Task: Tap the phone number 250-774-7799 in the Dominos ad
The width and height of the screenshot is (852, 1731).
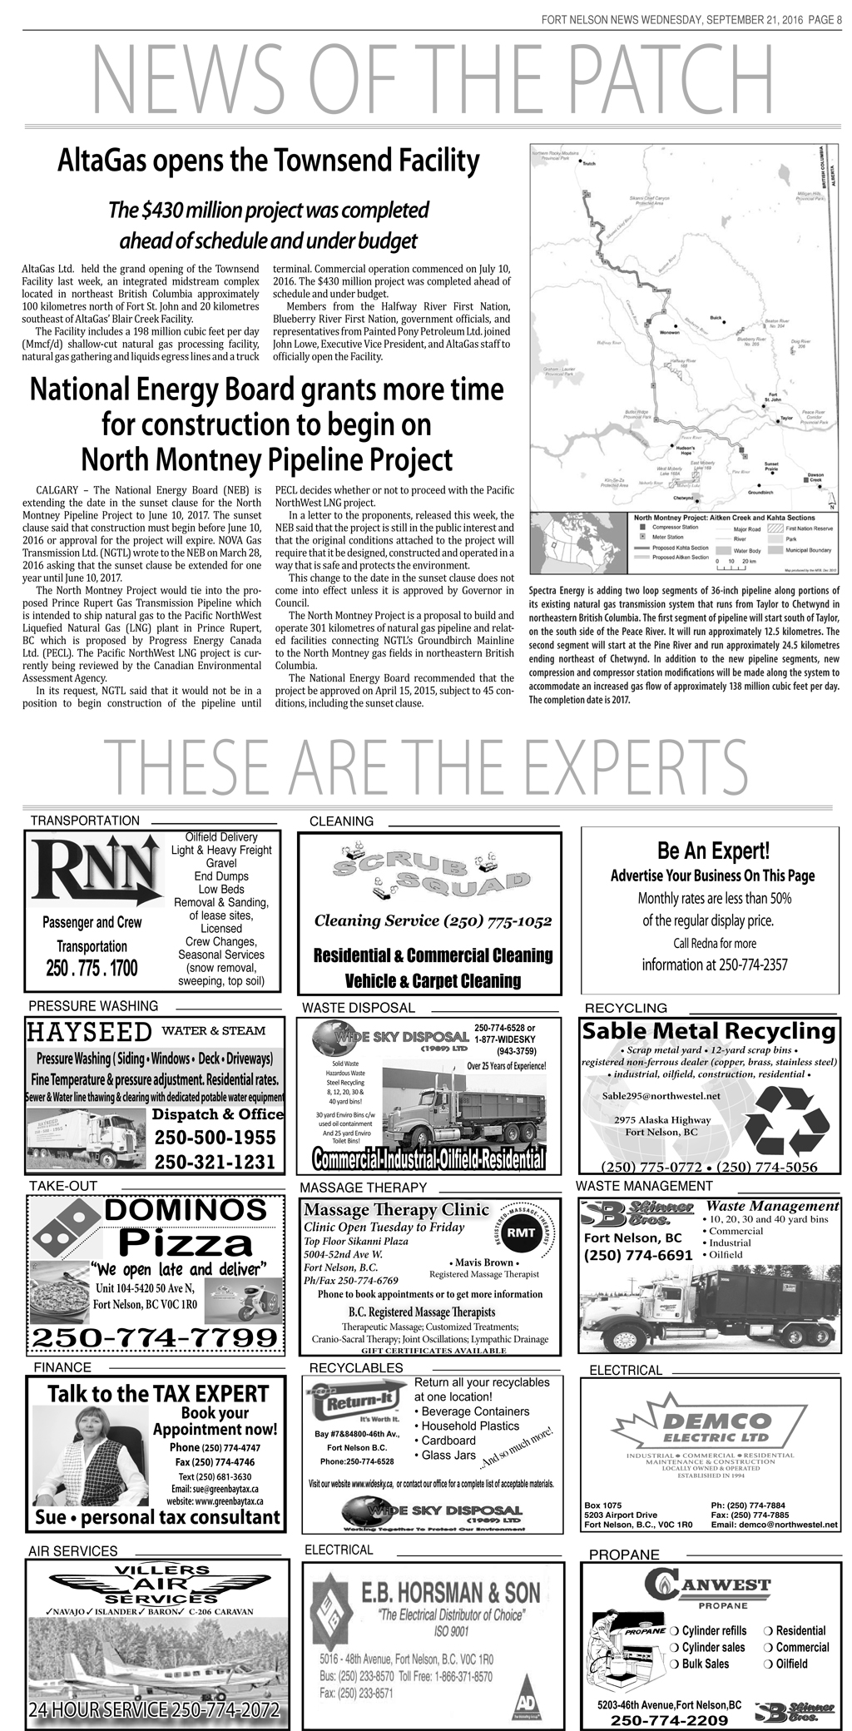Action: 154,1337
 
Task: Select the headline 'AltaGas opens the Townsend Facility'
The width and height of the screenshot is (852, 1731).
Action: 268,160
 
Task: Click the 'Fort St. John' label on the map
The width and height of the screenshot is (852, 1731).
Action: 774,398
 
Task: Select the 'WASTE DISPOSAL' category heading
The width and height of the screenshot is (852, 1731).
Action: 358,1008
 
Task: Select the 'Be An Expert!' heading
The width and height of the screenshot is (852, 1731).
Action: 713,851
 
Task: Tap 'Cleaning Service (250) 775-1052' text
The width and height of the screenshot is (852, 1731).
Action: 433,921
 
